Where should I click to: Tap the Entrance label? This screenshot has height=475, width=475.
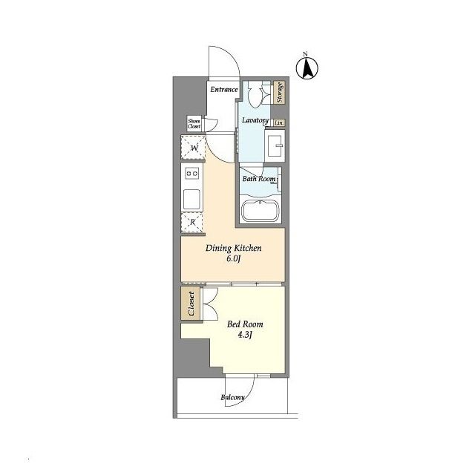(224, 89)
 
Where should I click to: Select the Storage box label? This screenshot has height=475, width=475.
(280, 92)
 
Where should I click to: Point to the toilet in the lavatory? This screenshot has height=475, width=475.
(255, 94)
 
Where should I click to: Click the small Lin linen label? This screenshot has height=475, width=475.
(279, 122)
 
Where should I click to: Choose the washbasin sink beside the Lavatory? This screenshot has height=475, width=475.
(275, 145)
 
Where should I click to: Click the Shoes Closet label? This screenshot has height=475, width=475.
(194, 124)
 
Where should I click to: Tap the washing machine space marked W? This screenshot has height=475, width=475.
(193, 147)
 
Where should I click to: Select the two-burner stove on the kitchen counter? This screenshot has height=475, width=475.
(192, 174)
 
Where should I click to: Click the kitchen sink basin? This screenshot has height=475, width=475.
(191, 199)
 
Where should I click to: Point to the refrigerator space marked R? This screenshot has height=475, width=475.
(192, 223)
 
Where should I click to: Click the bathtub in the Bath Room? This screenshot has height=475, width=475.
(260, 211)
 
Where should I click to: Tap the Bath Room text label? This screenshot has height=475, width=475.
(259, 179)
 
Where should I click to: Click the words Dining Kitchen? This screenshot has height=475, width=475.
(233, 249)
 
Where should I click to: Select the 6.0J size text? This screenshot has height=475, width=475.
(233, 259)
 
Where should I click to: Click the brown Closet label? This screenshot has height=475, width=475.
(191, 304)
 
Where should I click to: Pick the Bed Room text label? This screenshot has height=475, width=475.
(245, 324)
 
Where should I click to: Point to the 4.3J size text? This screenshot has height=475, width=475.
(245, 335)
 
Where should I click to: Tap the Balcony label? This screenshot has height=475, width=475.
(232, 398)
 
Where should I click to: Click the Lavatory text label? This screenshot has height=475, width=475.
(255, 120)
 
